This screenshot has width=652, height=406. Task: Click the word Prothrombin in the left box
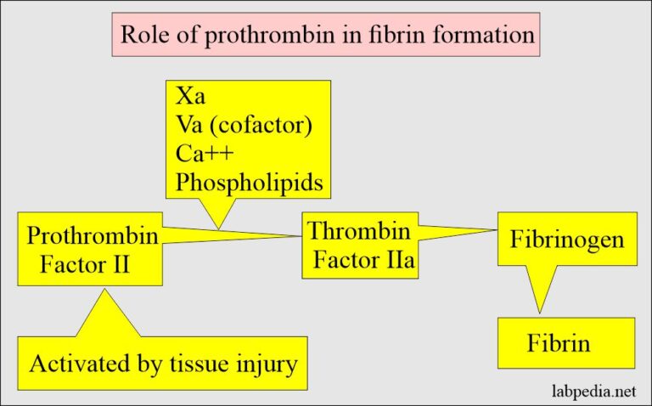pyautogui.click(x=93, y=235)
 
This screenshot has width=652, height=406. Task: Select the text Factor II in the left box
pyautogui.click(x=85, y=263)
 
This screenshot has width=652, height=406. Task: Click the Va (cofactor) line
pyautogui.click(x=243, y=126)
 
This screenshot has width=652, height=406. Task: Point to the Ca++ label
pyautogui.click(x=205, y=155)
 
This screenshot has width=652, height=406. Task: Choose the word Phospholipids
pyautogui.click(x=249, y=183)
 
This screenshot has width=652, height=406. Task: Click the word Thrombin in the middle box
pyautogui.click(x=359, y=230)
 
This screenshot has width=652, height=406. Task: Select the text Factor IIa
pyautogui.click(x=364, y=258)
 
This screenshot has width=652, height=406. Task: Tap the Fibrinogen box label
pyautogui.click(x=567, y=240)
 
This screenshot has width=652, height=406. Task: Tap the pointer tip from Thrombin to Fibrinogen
pyautogui.click(x=497, y=230)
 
